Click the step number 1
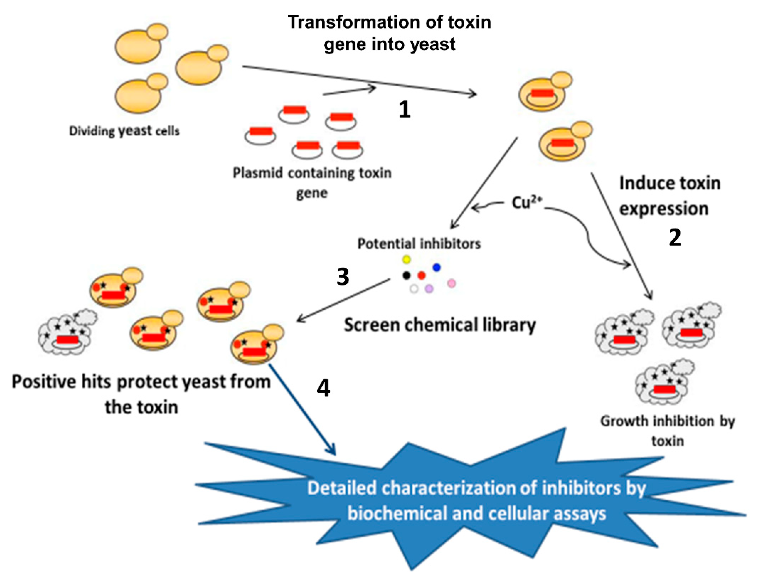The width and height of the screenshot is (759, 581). point(404,110)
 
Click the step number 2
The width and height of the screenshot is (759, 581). point(675,238)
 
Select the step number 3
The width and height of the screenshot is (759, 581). point(343,277)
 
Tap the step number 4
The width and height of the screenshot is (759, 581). point(323,388)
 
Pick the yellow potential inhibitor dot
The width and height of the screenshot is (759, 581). point(406,259)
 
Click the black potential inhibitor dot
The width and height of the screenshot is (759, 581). point(406,275)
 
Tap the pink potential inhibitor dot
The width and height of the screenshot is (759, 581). point(452,284)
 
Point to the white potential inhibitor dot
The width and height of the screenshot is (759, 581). point(414,289)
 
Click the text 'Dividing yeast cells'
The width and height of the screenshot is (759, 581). point(124,131)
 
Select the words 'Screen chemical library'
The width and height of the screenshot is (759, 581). point(439,325)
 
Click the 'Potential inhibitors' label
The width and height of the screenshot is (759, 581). point(419,244)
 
